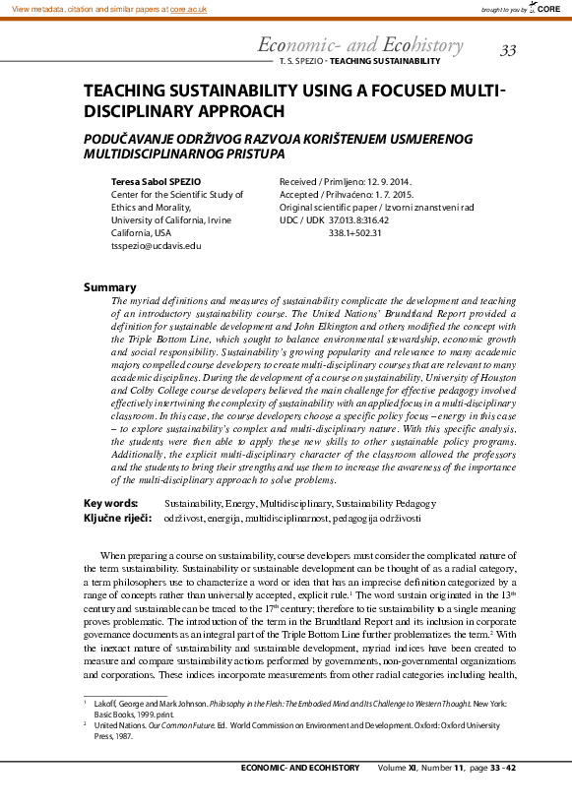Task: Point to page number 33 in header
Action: coord(508,50)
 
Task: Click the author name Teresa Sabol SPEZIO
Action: coord(159,182)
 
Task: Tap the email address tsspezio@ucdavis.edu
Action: coord(156,245)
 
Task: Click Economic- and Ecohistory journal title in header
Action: coord(359,45)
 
